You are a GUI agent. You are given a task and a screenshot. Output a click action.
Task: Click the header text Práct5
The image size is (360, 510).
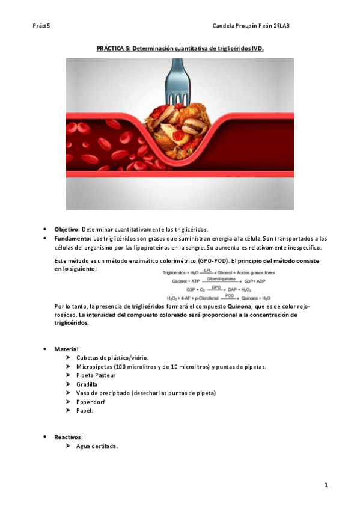pos(41,26)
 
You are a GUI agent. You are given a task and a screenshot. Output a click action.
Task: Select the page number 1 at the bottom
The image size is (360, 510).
pos(325,485)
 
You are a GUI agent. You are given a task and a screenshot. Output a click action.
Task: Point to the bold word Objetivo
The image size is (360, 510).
pos(67,229)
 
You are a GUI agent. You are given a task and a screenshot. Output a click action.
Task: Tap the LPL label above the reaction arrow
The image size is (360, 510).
pos(208,271)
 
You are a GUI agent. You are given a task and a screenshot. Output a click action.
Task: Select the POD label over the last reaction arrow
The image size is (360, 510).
pos(230,295)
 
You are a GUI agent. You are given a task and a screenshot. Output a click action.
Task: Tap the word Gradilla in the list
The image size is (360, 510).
pos(87,384)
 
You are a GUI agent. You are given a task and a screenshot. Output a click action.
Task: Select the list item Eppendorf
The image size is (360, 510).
pos(90,401)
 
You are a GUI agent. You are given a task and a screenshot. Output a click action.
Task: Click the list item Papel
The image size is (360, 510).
pos(84,410)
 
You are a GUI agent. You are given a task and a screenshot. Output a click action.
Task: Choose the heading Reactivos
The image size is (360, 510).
pos(68,437)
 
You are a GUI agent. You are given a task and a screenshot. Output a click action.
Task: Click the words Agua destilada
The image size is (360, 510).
pos(97,446)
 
